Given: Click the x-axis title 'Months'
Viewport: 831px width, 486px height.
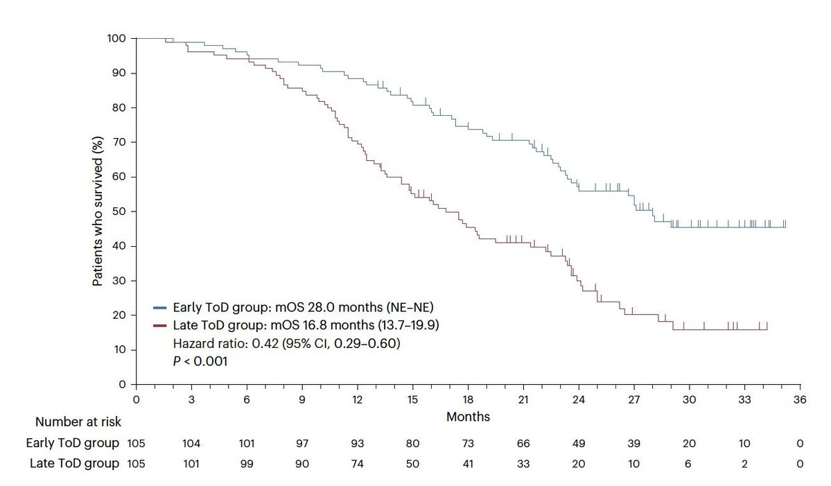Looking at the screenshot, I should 468,417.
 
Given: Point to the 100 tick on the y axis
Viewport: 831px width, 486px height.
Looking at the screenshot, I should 117,39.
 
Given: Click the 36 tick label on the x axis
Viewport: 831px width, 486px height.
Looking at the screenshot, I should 800,400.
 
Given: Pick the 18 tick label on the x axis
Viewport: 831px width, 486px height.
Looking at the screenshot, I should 468,400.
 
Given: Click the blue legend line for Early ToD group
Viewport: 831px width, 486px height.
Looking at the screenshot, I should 159,307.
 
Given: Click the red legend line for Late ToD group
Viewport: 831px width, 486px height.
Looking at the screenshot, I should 159,325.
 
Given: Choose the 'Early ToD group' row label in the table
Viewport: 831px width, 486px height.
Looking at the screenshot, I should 72,443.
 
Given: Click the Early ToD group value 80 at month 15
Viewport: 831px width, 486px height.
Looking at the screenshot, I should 412,443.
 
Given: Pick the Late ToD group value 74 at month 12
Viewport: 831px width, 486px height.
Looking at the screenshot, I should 357,464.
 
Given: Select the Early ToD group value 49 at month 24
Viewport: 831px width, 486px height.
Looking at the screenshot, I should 579,443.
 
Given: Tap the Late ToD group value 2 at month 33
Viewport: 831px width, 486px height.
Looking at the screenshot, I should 744,464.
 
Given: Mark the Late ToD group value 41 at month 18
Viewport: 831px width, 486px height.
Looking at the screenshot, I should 468,464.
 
